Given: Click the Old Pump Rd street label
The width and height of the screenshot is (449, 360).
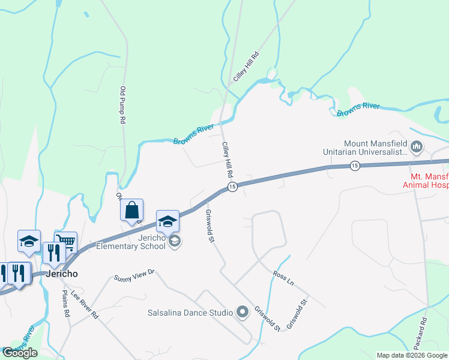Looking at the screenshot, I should click(x=122, y=105).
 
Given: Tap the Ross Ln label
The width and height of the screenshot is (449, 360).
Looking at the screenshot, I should click(x=283, y=278).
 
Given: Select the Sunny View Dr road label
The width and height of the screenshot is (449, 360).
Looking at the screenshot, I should click(x=134, y=275).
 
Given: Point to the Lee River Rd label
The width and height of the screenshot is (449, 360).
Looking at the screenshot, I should click(x=85, y=304).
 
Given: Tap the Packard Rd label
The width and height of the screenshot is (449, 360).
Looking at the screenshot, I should click(x=420, y=337).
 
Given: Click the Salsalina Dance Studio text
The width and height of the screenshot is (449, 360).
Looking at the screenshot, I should click(x=190, y=313).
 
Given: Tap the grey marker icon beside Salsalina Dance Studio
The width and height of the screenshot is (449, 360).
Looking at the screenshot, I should click(x=243, y=311).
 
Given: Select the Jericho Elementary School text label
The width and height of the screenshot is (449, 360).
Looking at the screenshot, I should click(x=131, y=242).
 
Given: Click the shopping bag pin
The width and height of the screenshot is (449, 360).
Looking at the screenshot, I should click(x=132, y=211).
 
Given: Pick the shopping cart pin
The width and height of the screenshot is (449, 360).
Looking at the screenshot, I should click(x=67, y=242).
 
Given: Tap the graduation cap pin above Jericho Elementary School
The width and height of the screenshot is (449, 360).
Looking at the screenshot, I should click(x=167, y=221).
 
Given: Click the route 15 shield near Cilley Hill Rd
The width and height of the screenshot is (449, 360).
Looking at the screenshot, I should click(x=232, y=188).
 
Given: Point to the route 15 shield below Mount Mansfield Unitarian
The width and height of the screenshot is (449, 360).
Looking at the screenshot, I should click(x=355, y=166).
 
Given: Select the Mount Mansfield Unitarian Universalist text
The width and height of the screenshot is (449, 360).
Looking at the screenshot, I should click(x=376, y=148).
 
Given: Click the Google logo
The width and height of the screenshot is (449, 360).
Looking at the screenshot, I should click(x=20, y=353).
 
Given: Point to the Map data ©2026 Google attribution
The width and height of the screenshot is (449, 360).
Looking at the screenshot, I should click(x=412, y=355).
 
